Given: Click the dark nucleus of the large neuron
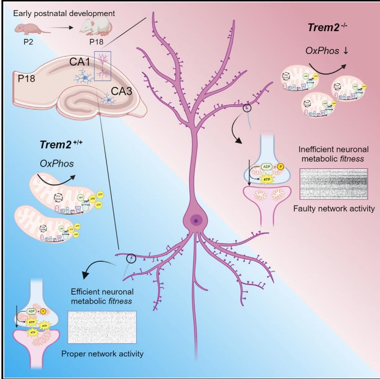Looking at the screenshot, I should (194, 219).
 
